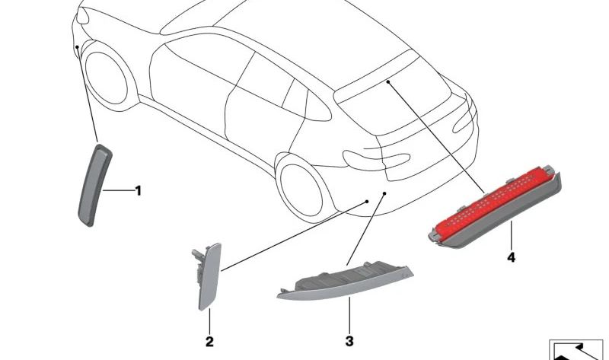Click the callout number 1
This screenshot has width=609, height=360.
139,191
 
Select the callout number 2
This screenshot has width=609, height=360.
209,342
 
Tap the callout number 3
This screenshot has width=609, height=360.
349,342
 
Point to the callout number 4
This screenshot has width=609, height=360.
511,257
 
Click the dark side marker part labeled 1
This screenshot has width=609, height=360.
94,185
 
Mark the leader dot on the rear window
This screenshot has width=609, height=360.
388,81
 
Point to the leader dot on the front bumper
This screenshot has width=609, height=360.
78,47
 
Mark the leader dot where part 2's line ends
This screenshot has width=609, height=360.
367,202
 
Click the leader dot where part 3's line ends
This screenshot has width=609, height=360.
384,193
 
